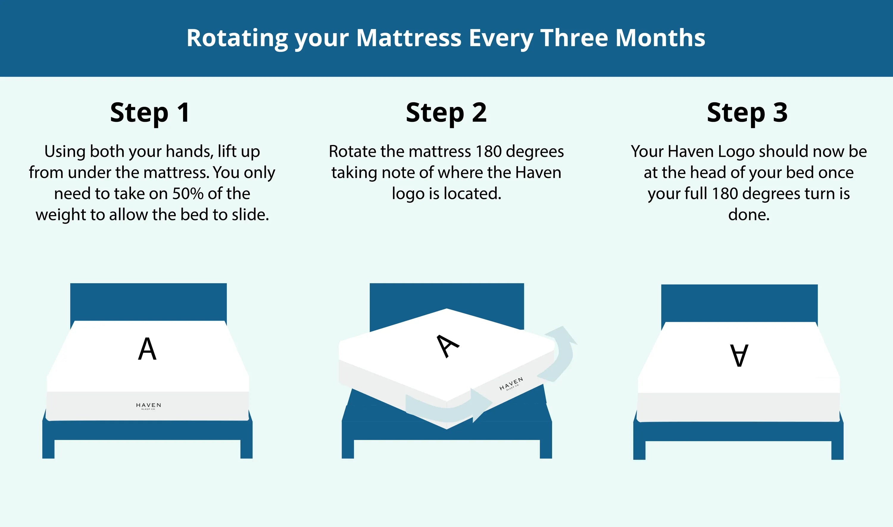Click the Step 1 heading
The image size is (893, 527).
pos(150,113)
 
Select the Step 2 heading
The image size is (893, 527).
pos(446,113)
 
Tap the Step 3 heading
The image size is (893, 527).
pos(747,113)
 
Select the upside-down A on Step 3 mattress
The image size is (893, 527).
pos(739,355)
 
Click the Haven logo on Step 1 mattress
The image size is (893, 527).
pos(148,406)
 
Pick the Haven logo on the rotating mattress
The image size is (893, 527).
pos(511,384)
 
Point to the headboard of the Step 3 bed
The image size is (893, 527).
pos(739,303)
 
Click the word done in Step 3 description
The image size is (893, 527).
pos(749,215)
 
